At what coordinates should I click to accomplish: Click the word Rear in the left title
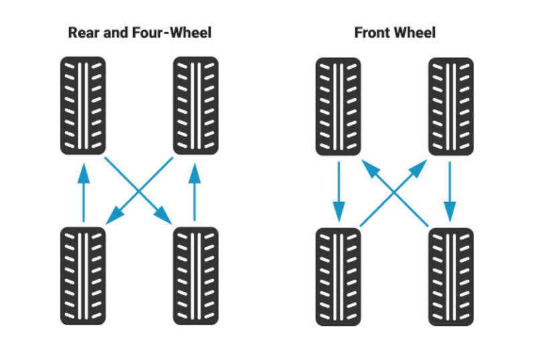[82, 33]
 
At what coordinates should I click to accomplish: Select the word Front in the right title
[372, 33]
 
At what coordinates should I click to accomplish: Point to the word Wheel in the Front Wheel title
[416, 33]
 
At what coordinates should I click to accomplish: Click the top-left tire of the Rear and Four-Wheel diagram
[83, 105]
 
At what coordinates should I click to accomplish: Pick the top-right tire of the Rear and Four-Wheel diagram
[195, 105]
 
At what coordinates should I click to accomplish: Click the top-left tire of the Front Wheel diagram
[338, 105]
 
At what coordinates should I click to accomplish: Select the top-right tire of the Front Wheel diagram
[451, 105]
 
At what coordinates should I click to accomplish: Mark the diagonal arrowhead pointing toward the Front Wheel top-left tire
[370, 167]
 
